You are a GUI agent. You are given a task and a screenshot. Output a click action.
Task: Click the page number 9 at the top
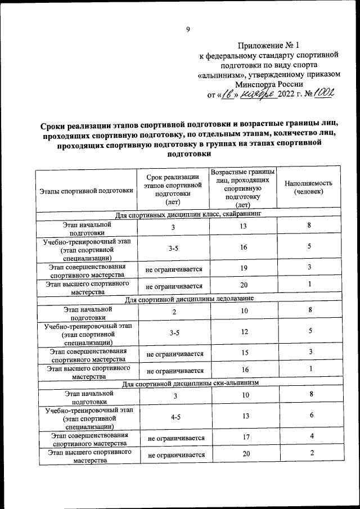pos(188,30)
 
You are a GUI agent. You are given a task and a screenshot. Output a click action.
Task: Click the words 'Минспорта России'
pos(269,84)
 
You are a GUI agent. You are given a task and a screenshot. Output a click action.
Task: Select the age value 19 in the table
pos(244,268)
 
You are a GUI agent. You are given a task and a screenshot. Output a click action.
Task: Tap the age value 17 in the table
pos(244,438)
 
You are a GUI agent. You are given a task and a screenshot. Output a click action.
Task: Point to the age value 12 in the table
pos(244,332)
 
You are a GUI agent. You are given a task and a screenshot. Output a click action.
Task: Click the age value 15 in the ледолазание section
pos(244,352)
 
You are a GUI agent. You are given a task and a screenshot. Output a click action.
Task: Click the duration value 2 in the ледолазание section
pos(174,311)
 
